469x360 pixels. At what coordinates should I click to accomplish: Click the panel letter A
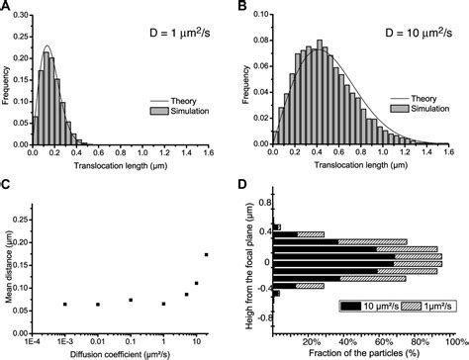(9, 9)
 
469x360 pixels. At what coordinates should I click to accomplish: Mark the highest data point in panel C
(206, 255)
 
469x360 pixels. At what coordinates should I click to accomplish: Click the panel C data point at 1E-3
(64, 305)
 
